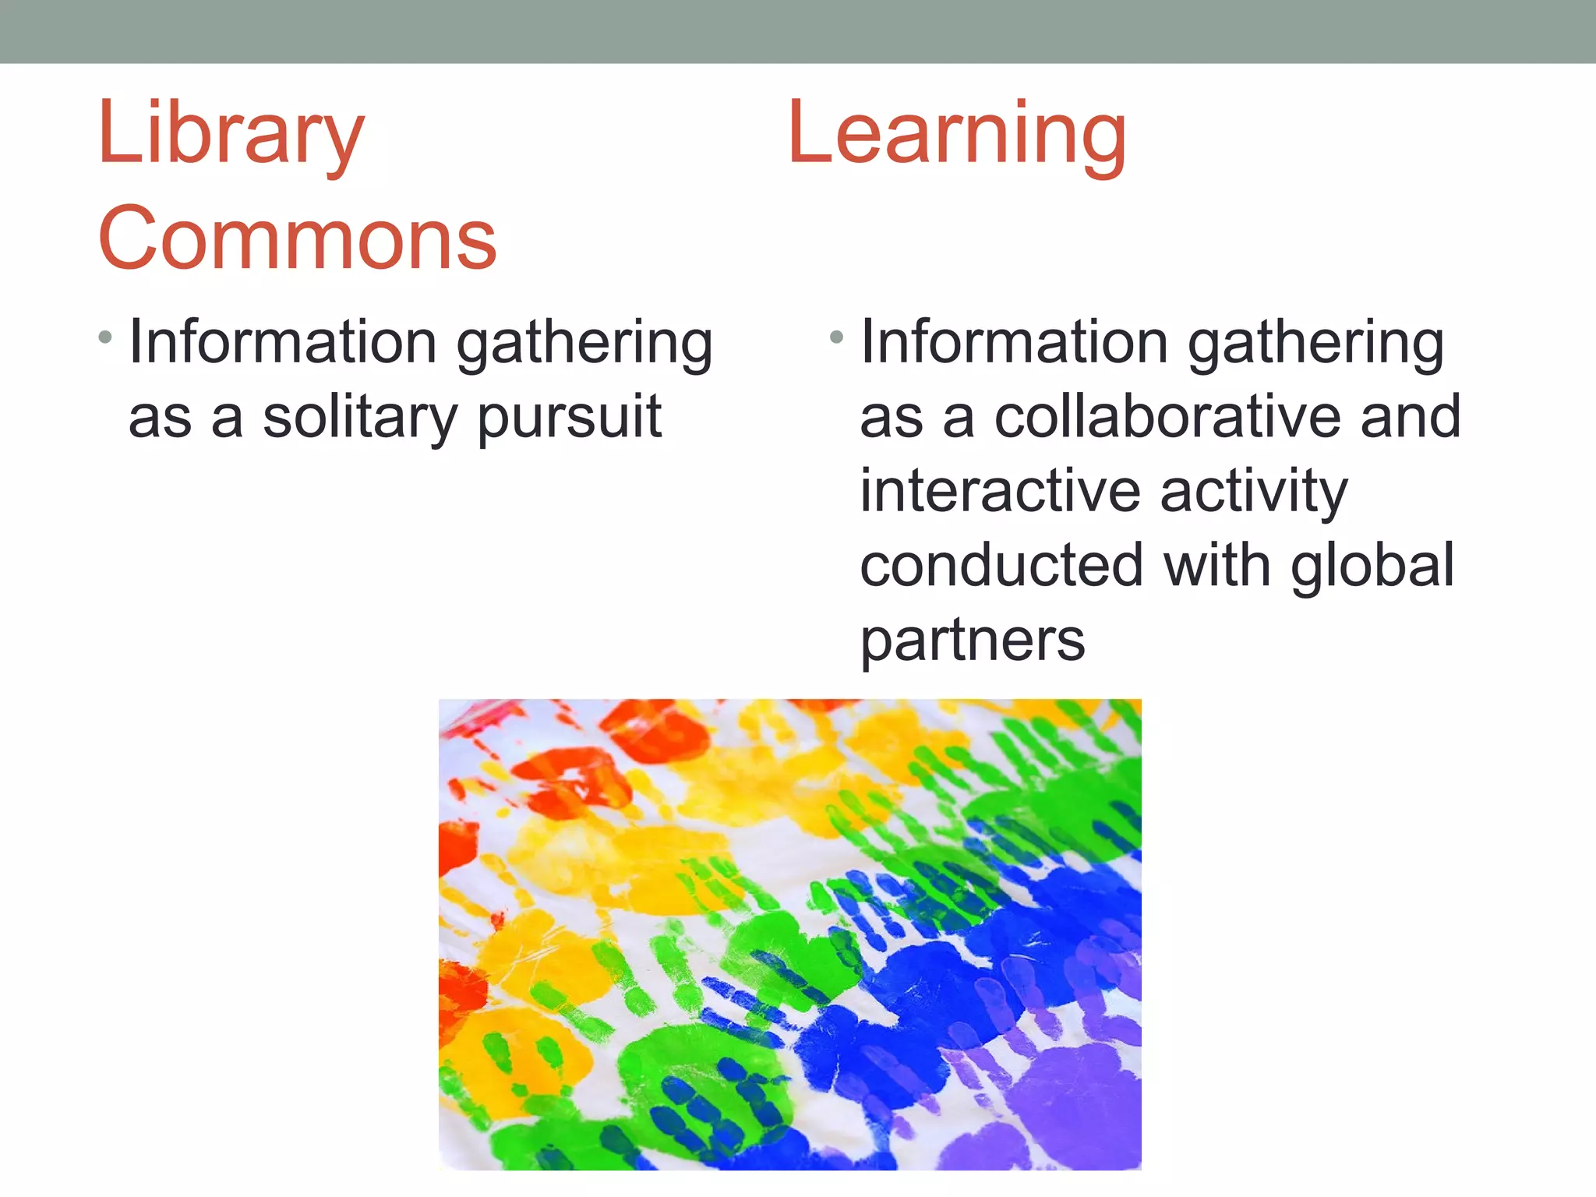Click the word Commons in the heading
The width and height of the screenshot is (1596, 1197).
tap(297, 238)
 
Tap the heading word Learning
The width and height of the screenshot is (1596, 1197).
tap(957, 136)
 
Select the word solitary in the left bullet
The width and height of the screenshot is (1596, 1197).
tap(359, 418)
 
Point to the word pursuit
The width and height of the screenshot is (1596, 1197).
tap(570, 418)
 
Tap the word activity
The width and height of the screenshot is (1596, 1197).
tap(1254, 493)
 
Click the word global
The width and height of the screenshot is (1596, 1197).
tap(1372, 567)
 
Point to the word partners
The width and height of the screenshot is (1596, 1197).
tap(972, 641)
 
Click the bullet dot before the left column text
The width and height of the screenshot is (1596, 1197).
tap(105, 337)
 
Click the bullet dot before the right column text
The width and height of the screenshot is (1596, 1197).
tap(837, 337)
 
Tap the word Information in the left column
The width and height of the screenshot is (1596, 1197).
tap(283, 342)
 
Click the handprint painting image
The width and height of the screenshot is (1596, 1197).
tap(789, 934)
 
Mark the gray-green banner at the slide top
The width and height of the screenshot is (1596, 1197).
tap(798, 31)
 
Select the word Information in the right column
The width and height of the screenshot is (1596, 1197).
tap(1014, 342)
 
